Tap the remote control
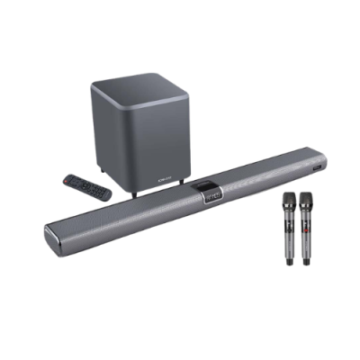(87, 186)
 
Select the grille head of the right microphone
(307, 198)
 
